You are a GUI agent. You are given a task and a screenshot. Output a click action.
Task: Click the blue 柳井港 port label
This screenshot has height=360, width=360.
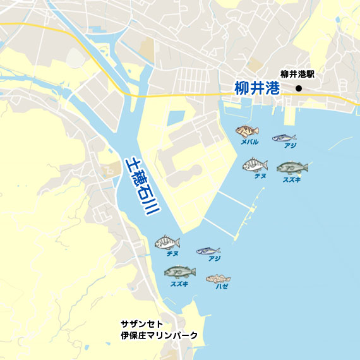(x=256, y=88)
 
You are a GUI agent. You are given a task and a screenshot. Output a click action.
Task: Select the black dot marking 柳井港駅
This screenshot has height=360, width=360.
(x=299, y=88)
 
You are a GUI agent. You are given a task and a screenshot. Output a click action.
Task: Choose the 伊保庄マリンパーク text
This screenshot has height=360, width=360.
(x=159, y=335)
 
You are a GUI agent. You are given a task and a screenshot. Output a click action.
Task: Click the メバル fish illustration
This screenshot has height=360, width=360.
(x=247, y=131)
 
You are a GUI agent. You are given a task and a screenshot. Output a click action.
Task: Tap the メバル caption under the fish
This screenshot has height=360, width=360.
(x=249, y=142)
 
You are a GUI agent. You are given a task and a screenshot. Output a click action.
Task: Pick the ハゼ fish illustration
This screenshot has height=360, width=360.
(x=218, y=278)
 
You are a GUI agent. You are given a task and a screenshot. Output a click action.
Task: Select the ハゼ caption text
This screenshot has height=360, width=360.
(x=221, y=287)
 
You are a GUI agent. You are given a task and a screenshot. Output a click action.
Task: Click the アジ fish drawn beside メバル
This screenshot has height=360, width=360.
(x=284, y=137)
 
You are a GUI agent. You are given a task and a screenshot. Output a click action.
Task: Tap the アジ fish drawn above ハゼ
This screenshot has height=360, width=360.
(x=208, y=251)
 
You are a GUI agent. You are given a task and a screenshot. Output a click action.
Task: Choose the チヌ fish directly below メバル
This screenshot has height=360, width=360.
(x=255, y=165)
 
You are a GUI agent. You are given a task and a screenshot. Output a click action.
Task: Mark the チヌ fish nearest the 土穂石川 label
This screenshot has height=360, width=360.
(x=167, y=243)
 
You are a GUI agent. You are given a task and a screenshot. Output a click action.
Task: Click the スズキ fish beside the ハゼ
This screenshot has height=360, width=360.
(x=179, y=272)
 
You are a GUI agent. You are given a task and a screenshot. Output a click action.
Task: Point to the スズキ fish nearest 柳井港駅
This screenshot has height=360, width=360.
(x=292, y=167)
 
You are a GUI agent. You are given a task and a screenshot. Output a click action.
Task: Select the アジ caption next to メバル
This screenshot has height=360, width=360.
(x=290, y=146)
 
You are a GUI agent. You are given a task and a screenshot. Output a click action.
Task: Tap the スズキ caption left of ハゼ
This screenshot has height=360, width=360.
(x=179, y=284)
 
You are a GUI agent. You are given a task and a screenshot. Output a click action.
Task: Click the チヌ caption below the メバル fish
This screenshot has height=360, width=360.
(x=260, y=176)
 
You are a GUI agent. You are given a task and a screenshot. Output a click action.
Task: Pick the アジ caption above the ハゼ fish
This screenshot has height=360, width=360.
(x=214, y=259)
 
